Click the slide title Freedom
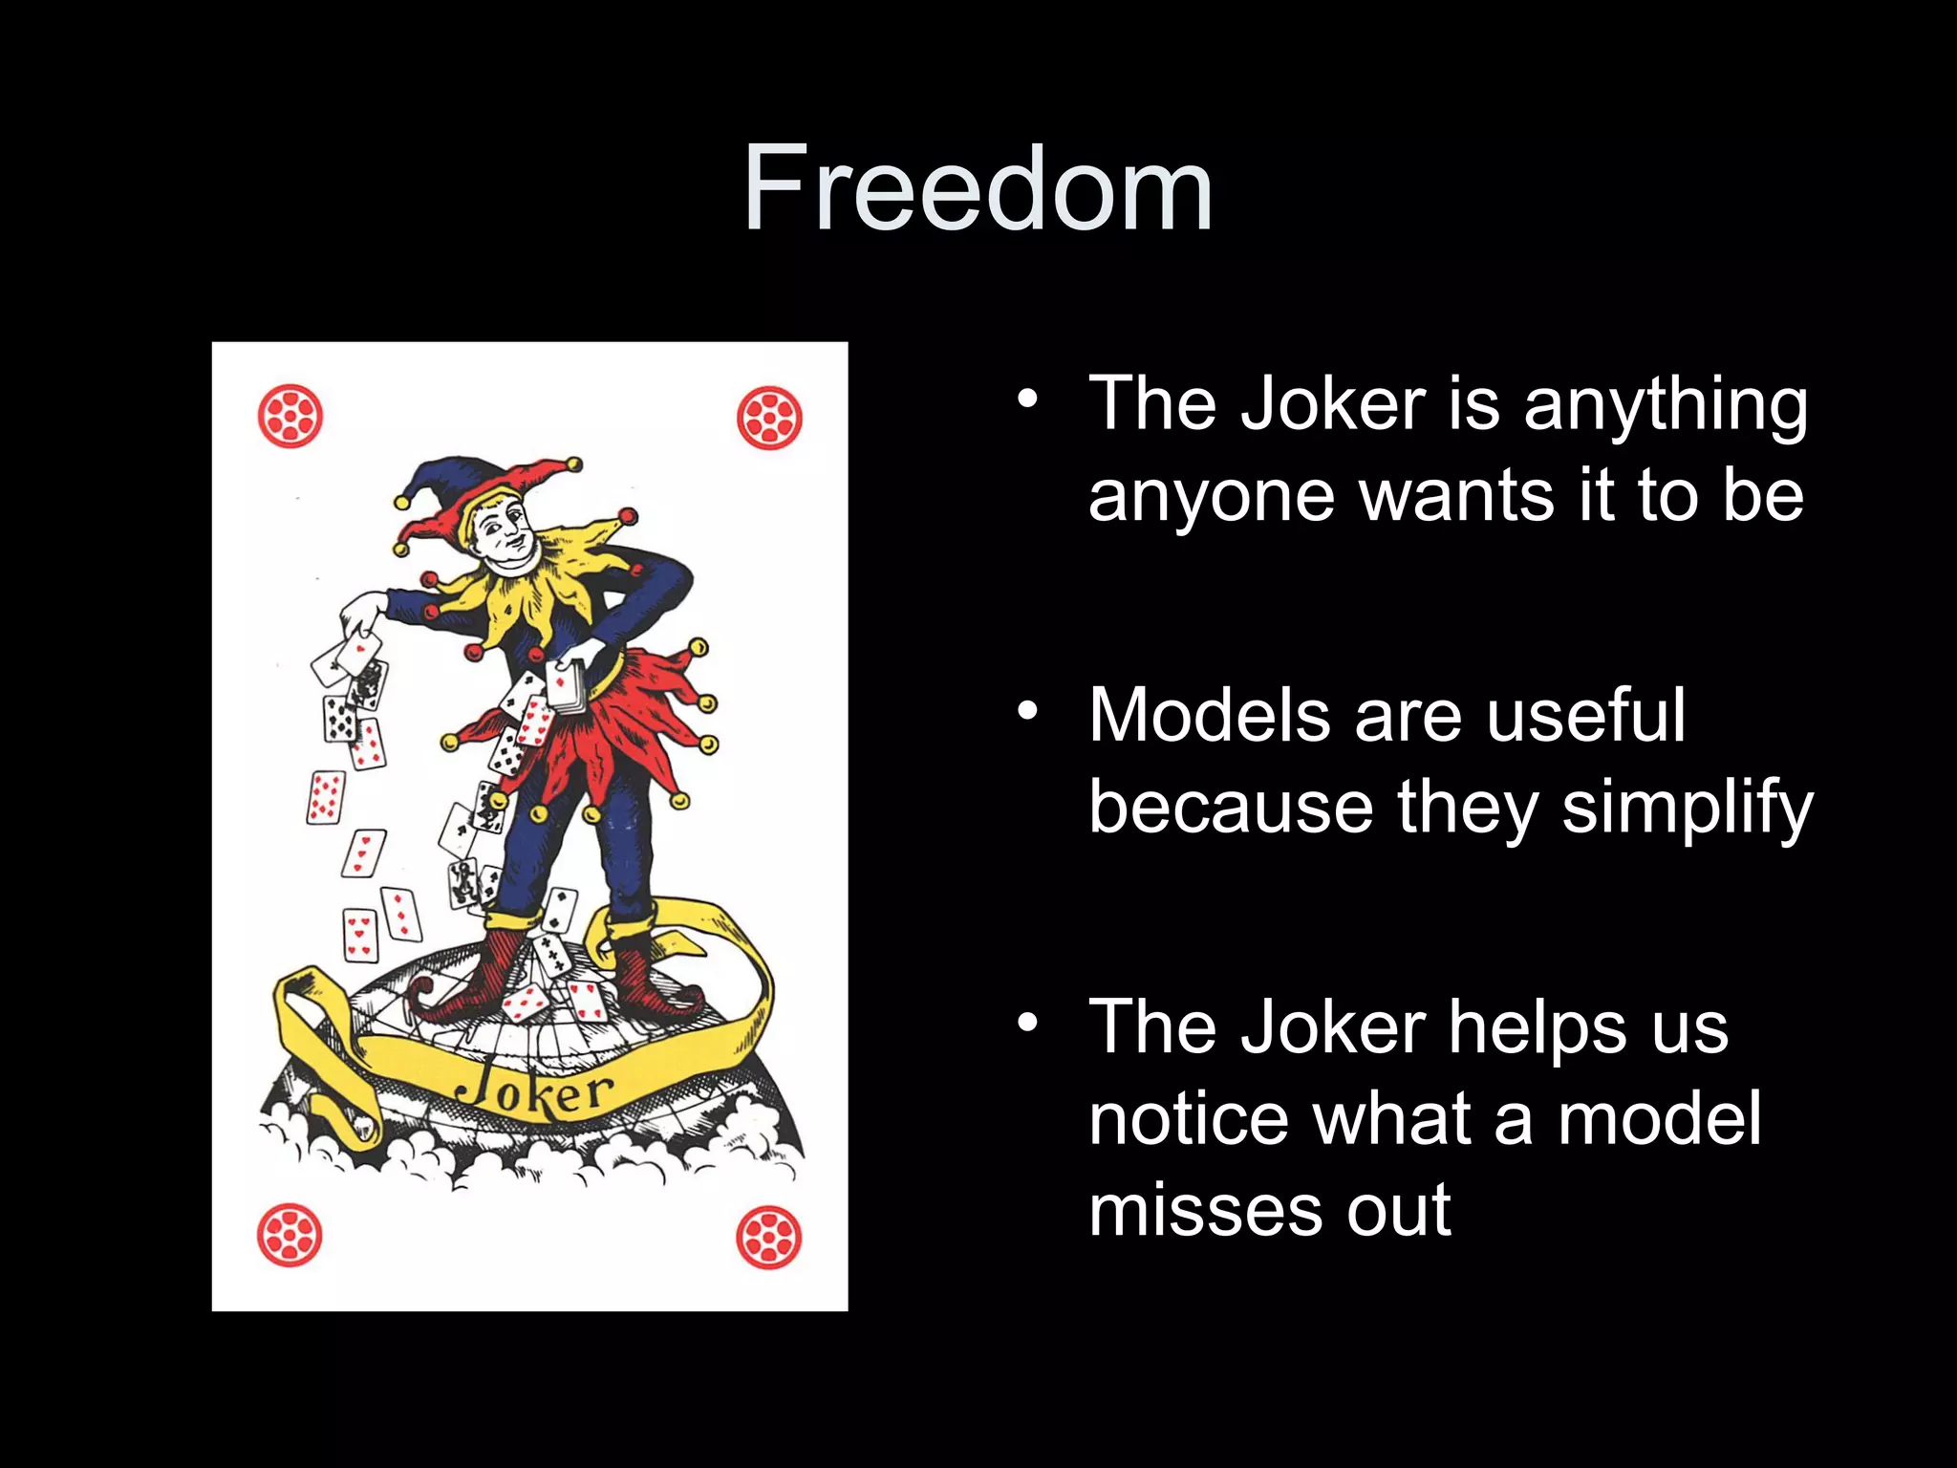click(x=978, y=188)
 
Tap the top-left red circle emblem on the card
click(x=290, y=417)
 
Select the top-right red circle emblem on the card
click(x=769, y=418)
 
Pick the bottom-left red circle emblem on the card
click(x=290, y=1236)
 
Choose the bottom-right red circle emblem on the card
click(x=768, y=1238)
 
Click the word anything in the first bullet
click(x=1665, y=405)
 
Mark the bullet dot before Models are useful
click(x=1027, y=711)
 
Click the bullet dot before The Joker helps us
click(x=1027, y=1023)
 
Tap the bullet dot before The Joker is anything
click(x=1027, y=399)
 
